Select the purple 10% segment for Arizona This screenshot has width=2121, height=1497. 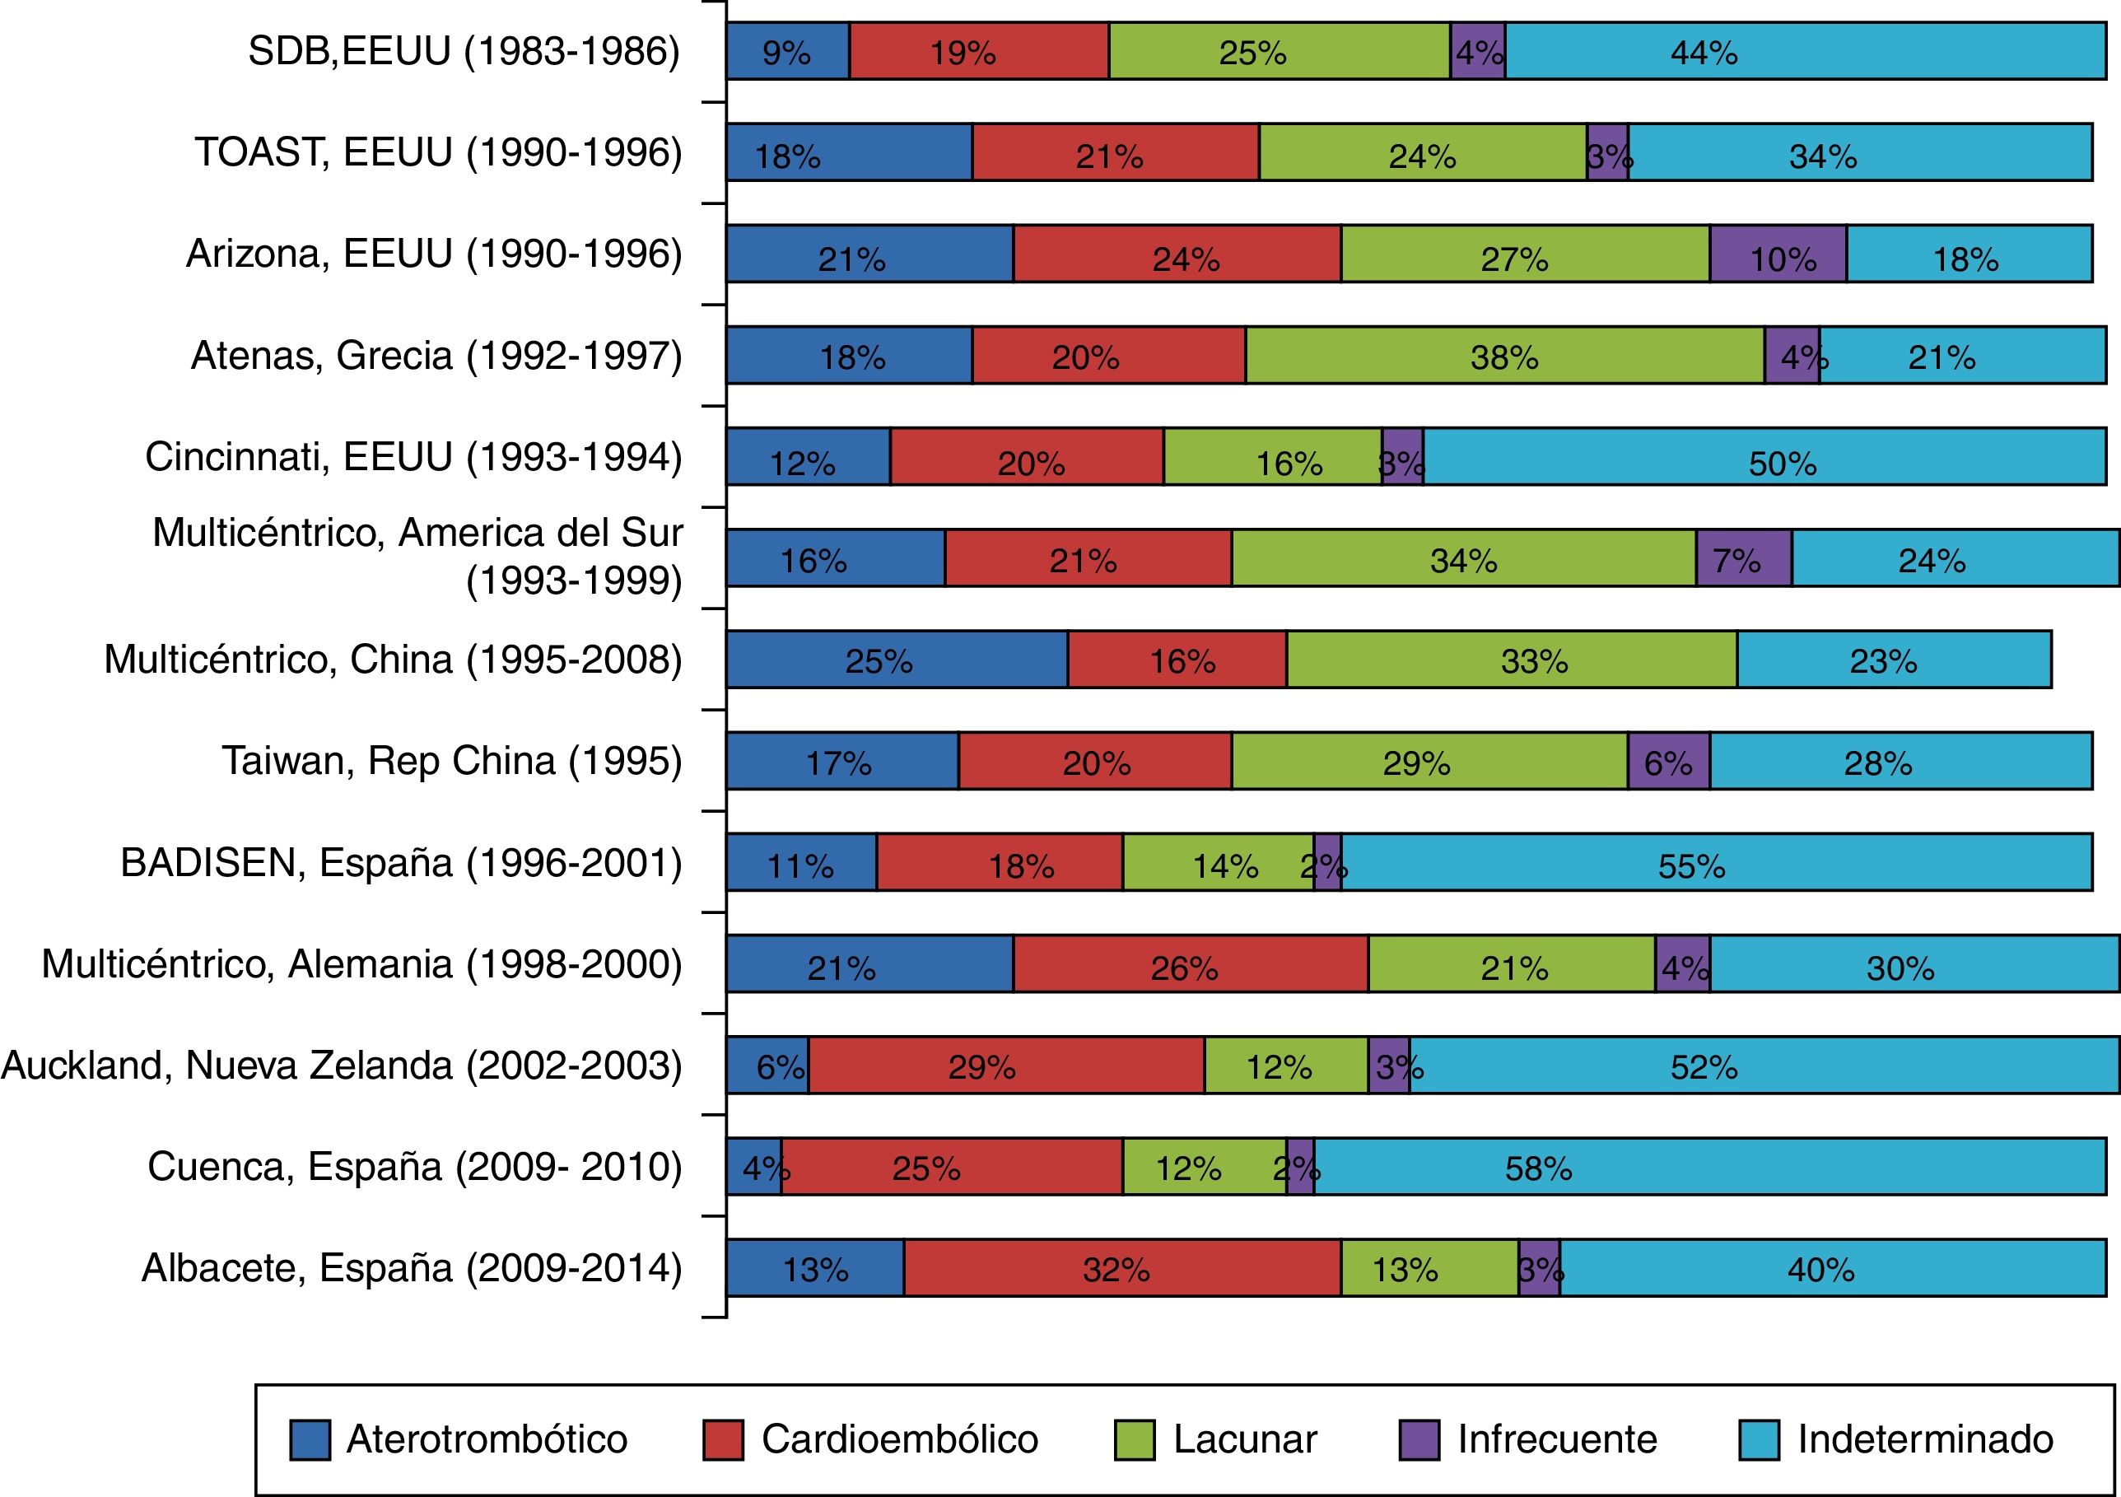click(x=1778, y=254)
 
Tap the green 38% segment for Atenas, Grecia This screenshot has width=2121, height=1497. click(x=1505, y=356)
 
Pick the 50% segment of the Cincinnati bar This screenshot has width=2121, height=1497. click(x=1764, y=458)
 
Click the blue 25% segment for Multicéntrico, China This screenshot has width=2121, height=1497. click(x=897, y=660)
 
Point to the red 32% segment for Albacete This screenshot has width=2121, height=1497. click(x=1121, y=1268)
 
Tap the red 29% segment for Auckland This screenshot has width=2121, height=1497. click(x=1006, y=1066)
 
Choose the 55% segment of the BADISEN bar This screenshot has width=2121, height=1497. click(x=1717, y=862)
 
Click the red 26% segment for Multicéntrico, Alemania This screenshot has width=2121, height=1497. click(x=1190, y=963)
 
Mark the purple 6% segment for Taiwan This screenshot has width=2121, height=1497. click(x=1668, y=762)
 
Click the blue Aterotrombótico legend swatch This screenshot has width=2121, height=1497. click(x=310, y=1439)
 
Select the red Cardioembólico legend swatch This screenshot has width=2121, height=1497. click(x=722, y=1439)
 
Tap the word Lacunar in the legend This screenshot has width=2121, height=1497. click(x=1244, y=1439)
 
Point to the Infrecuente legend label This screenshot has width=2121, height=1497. click(x=1556, y=1439)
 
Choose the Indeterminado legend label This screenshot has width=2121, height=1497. click(x=1925, y=1439)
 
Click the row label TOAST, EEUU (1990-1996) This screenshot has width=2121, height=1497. click(x=438, y=152)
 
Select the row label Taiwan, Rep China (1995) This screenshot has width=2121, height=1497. click(x=452, y=762)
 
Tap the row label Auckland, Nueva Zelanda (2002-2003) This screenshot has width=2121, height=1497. click(x=342, y=1066)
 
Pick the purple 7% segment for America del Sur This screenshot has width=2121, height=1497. click(x=1743, y=558)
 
